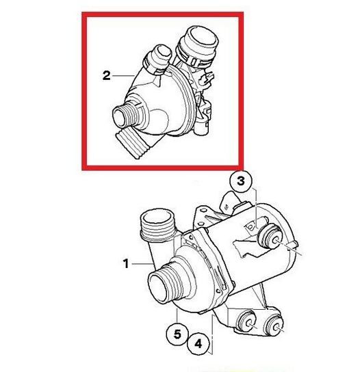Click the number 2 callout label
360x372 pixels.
(106, 76)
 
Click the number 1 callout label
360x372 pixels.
(126, 263)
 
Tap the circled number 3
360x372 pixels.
(240, 181)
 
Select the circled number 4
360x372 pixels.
(198, 343)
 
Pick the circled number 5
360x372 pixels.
(177, 334)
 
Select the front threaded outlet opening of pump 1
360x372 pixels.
(159, 287)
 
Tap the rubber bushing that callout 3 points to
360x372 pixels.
(269, 237)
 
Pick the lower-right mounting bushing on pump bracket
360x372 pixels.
(273, 324)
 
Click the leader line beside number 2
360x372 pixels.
(123, 76)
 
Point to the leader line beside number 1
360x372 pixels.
(142, 263)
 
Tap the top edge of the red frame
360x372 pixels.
(163, 15)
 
